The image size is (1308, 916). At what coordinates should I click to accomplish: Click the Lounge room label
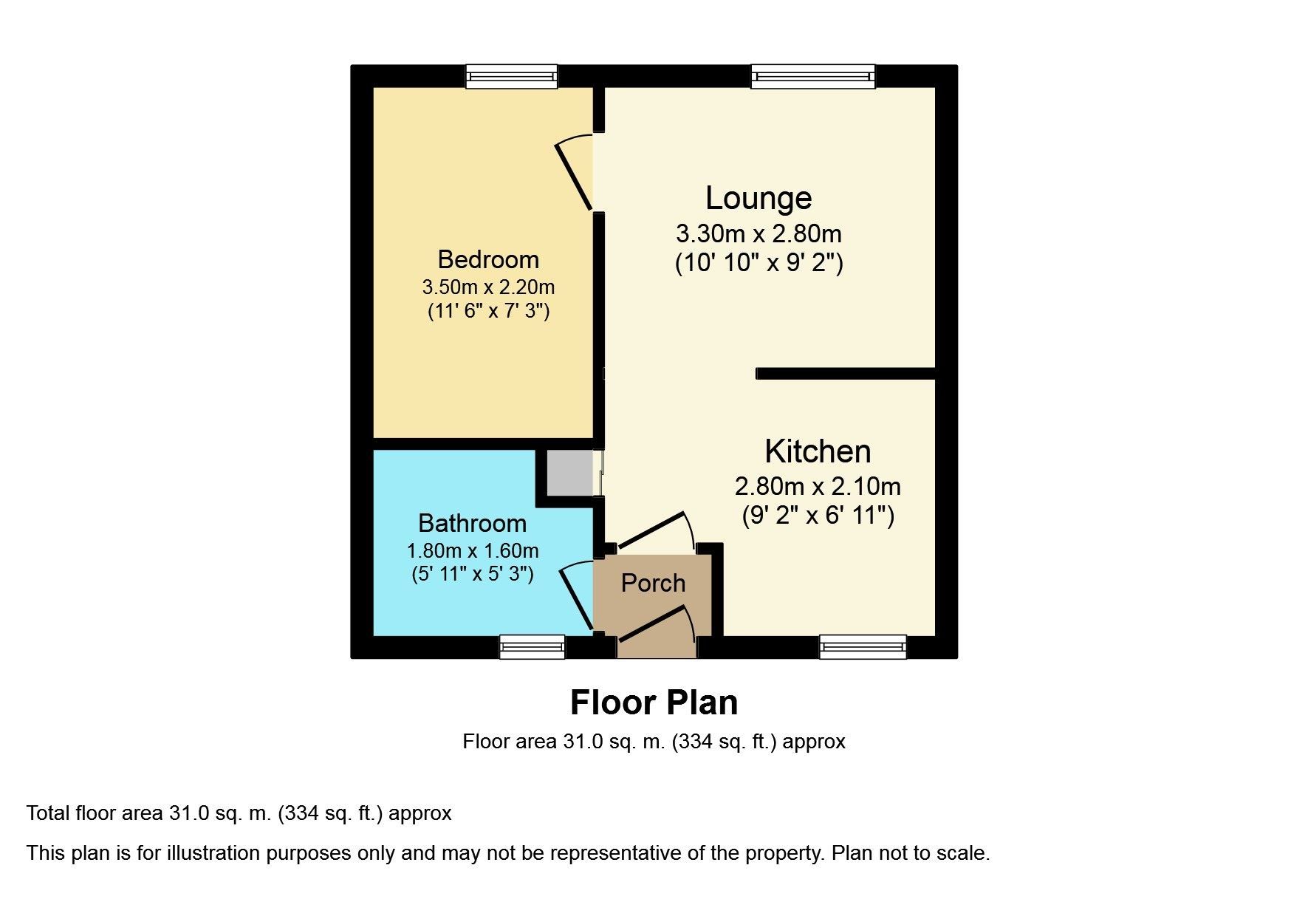click(x=759, y=198)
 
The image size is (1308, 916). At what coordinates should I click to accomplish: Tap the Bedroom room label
click(x=488, y=259)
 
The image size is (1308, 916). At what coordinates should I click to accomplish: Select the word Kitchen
click(x=818, y=451)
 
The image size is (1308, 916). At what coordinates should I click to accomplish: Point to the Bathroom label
click(x=472, y=523)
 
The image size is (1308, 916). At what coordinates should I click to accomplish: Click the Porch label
click(x=653, y=583)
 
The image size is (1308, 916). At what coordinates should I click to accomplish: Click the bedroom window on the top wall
click(x=511, y=76)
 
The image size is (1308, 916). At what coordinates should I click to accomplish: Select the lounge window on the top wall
click(x=812, y=76)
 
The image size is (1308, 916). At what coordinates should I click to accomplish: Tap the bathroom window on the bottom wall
click(x=532, y=647)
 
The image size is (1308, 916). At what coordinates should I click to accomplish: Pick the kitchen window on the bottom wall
click(x=863, y=647)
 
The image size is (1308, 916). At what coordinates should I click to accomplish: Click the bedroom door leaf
click(x=574, y=176)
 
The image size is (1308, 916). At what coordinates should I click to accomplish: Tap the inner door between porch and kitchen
click(x=651, y=530)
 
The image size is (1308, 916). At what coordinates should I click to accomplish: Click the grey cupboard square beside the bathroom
click(x=569, y=473)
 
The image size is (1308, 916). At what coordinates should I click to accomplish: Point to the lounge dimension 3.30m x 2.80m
click(x=759, y=234)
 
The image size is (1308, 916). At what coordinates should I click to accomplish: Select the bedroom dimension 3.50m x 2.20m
click(x=488, y=287)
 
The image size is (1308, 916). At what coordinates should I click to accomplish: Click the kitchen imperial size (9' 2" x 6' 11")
click(x=818, y=515)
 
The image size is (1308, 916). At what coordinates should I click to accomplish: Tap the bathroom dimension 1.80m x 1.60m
click(x=472, y=550)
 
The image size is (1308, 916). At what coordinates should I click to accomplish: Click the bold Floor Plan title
click(x=654, y=703)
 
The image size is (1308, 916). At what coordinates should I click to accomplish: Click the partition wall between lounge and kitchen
click(x=846, y=374)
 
